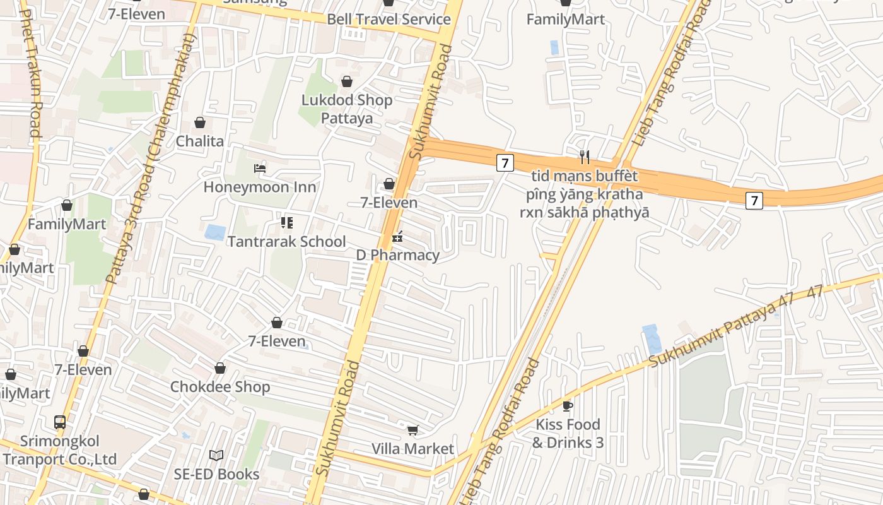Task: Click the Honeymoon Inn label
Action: click(259, 187)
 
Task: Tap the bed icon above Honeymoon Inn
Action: click(259, 168)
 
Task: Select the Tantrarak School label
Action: click(286, 242)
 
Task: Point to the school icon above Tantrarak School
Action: click(287, 222)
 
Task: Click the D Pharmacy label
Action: click(397, 256)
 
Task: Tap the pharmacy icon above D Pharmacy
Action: click(397, 237)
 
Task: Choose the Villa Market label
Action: click(412, 449)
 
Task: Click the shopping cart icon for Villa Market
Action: click(412, 430)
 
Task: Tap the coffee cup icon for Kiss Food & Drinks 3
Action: click(568, 405)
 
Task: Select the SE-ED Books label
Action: click(216, 474)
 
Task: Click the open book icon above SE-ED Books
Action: click(216, 455)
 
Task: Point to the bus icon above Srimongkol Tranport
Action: click(60, 422)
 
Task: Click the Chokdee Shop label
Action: click(220, 387)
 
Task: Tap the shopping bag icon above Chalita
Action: click(200, 122)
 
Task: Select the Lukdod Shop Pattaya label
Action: click(347, 109)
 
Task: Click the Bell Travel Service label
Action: click(389, 19)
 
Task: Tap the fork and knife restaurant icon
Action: click(585, 157)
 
